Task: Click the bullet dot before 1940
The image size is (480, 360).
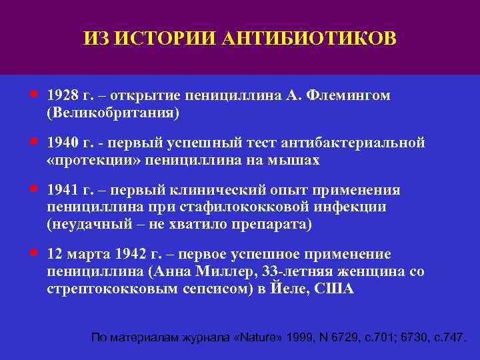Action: (x=33, y=141)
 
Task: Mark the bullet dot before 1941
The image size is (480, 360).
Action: (x=33, y=189)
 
